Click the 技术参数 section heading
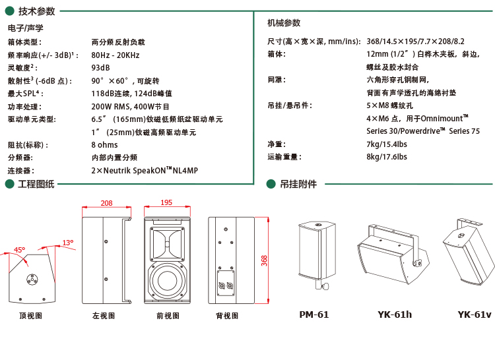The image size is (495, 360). tap(36, 11)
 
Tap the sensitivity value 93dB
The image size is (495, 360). tap(100, 68)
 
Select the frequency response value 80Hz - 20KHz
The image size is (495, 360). tap(115, 55)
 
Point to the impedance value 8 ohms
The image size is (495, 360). tap(104, 145)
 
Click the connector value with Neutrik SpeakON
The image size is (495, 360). tap(145, 171)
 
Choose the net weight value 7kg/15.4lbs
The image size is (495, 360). tap(387, 144)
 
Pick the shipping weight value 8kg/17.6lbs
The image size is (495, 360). tap(387, 157)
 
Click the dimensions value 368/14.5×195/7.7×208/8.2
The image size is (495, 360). tap(415, 42)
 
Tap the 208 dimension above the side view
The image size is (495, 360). tap(106, 203)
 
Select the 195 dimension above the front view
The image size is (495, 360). tap(166, 202)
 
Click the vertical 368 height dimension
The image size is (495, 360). tap(264, 260)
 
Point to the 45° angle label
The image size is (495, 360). tap(19, 250)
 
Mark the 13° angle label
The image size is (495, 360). tap(68, 243)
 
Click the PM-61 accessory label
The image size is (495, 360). tap(313, 315)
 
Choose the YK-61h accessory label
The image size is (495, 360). tap(395, 315)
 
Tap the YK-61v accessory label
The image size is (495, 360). tap(475, 315)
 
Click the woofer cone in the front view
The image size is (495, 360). tap(167, 280)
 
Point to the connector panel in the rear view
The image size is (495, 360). tap(226, 283)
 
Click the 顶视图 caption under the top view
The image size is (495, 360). tap(30, 316)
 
